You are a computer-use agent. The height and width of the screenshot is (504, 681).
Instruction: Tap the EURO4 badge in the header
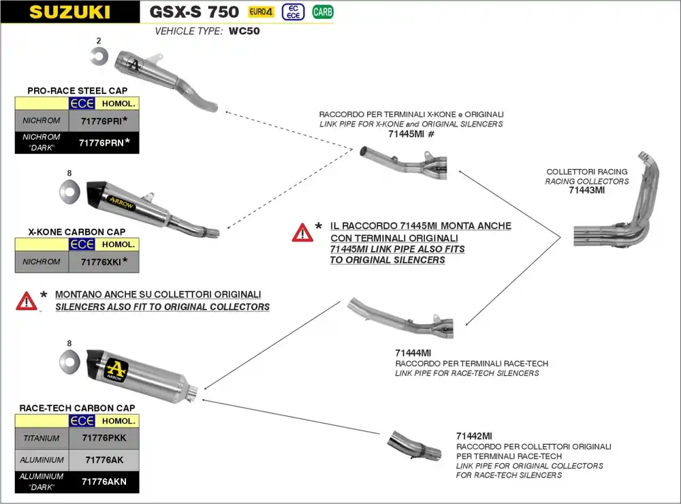(x=259, y=12)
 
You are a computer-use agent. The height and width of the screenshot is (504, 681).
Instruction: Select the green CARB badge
(x=322, y=12)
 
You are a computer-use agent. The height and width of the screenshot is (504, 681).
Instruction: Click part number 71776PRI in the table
(x=101, y=121)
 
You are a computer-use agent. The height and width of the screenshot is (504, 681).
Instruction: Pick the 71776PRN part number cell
(x=101, y=142)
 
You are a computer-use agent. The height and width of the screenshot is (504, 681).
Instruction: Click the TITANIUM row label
(x=42, y=439)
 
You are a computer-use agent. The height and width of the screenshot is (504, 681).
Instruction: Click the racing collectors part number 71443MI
(x=586, y=191)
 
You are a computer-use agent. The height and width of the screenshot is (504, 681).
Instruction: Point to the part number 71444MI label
(x=413, y=353)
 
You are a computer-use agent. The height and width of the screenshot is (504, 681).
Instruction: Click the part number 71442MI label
(x=474, y=436)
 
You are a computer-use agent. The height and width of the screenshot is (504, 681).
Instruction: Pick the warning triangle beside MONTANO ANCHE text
(x=27, y=300)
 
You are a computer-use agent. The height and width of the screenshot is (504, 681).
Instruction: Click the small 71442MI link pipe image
(x=414, y=446)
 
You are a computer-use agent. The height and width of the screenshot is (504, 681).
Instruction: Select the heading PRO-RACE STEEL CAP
(x=77, y=91)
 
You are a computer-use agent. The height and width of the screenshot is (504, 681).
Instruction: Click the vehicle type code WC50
(x=244, y=31)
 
